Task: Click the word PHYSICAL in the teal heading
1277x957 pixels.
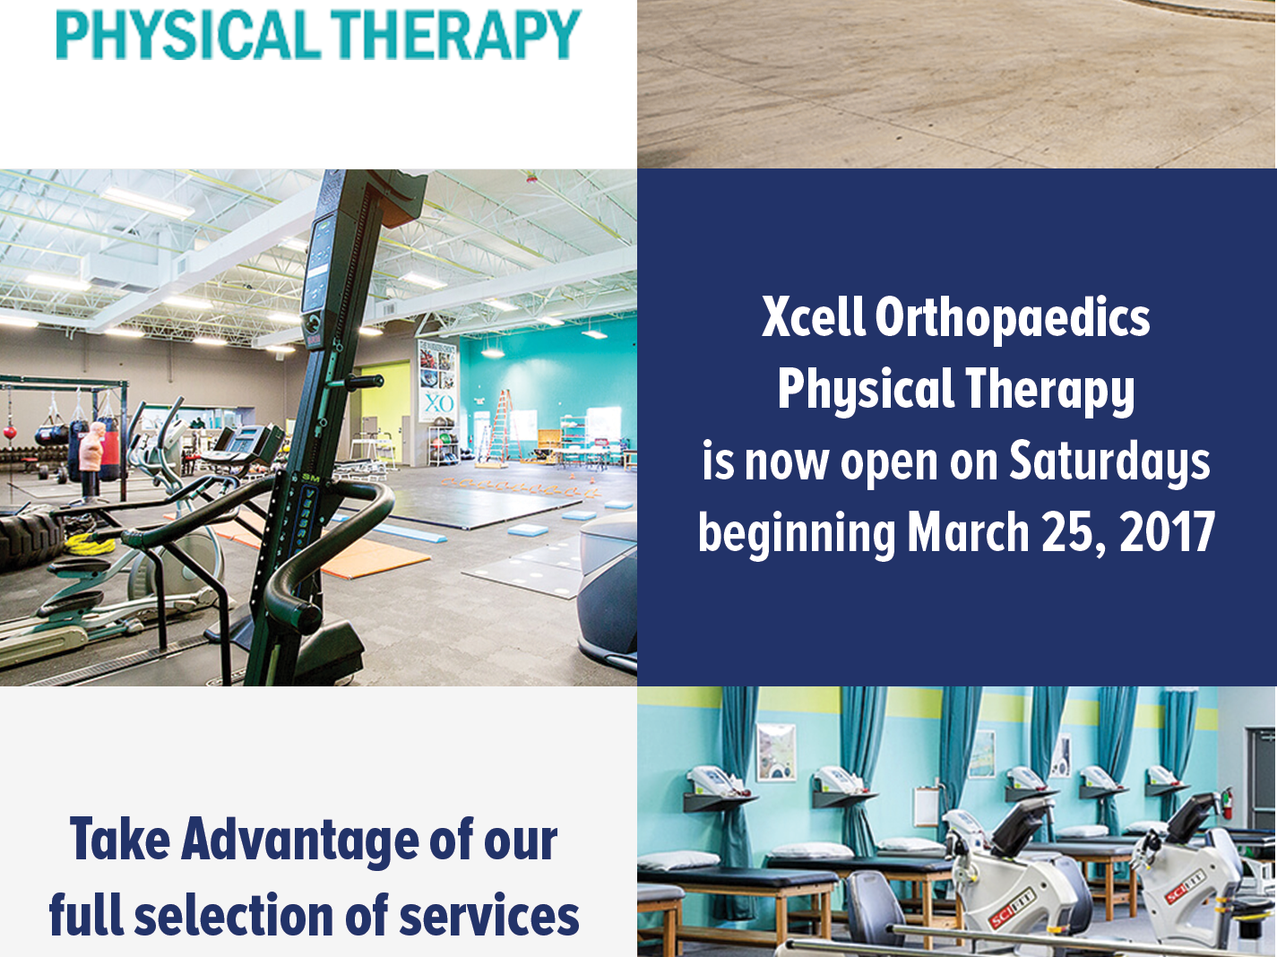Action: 188,34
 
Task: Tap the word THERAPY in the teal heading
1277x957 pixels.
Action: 456,34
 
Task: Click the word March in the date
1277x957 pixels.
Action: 969,531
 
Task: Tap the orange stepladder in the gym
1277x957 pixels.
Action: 498,427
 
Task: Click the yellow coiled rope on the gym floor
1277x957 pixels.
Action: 91,544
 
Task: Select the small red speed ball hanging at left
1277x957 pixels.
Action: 9,434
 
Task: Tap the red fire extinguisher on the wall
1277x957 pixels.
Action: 1228,802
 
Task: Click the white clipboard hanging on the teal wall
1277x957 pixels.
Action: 926,806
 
